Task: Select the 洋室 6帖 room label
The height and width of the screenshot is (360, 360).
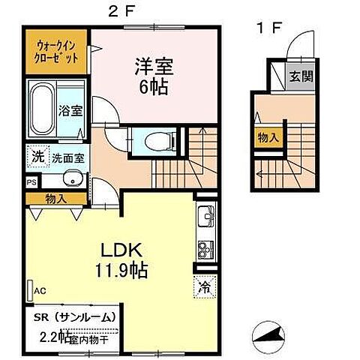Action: click(x=153, y=76)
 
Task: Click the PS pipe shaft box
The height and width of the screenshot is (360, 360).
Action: click(x=31, y=181)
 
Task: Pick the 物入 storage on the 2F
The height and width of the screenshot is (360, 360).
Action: click(x=55, y=199)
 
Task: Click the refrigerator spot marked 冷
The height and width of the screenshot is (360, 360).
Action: click(x=204, y=285)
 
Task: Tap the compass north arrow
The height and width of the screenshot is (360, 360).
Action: click(x=270, y=334)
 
